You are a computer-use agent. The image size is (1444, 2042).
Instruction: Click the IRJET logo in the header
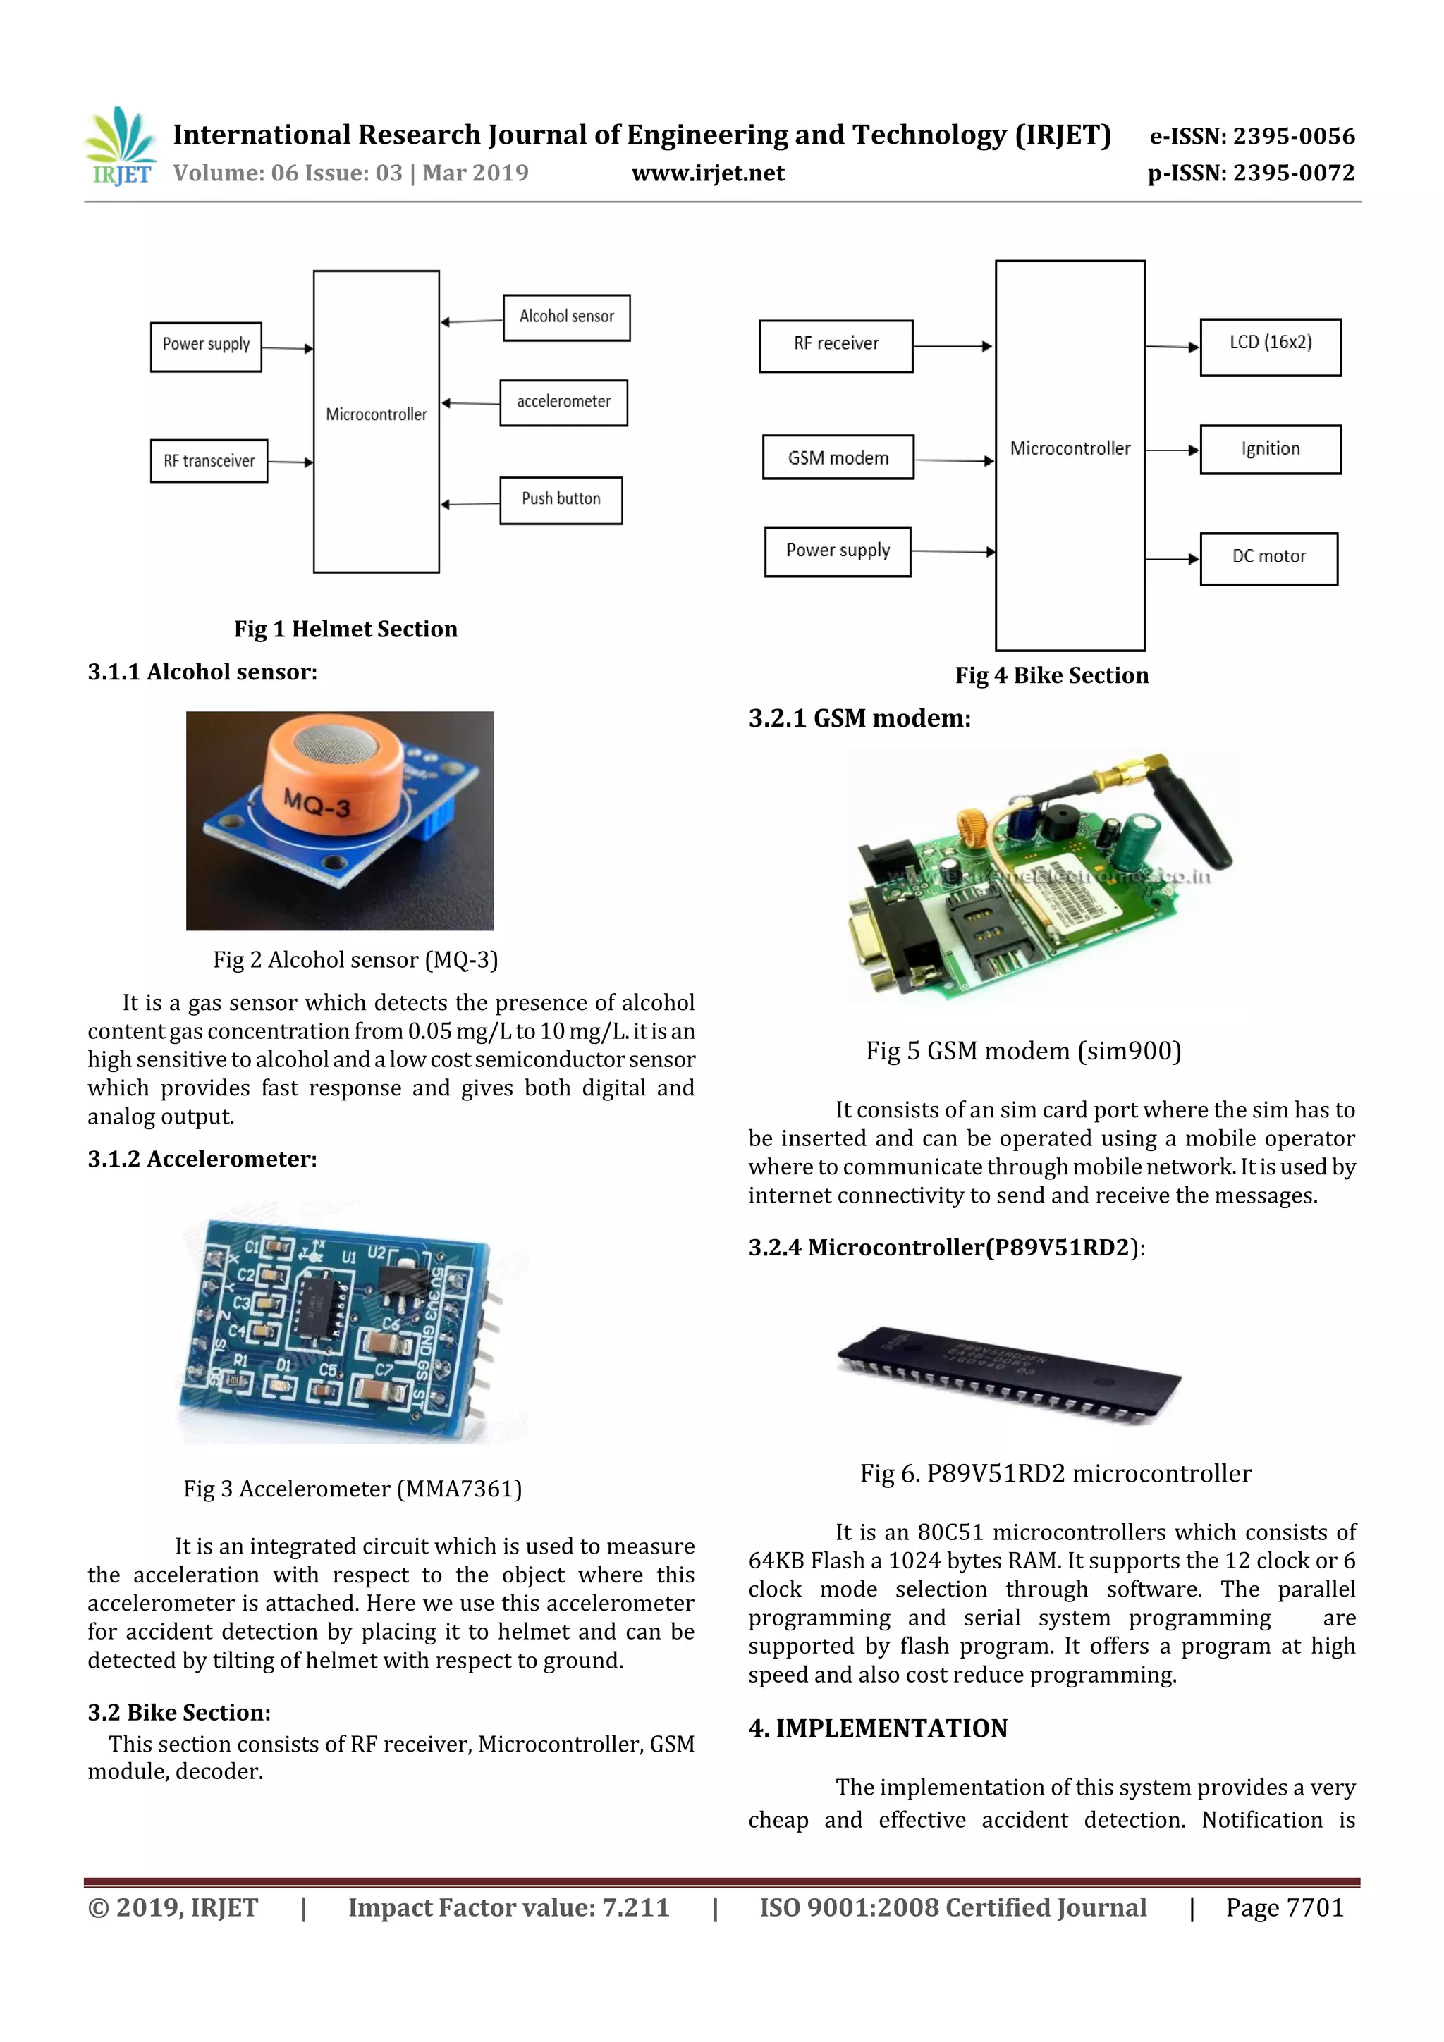[x=120, y=147]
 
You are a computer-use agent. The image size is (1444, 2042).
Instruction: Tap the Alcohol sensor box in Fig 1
[x=567, y=317]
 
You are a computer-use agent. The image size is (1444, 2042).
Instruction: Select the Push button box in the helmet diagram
[x=561, y=500]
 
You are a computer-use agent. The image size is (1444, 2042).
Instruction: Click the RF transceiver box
[x=209, y=461]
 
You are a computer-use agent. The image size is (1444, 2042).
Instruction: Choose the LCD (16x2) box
[x=1270, y=347]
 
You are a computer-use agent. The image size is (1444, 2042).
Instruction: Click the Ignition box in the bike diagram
[x=1270, y=449]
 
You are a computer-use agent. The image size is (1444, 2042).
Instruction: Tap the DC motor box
[x=1268, y=558]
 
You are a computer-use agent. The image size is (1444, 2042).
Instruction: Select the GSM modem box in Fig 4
[x=838, y=457]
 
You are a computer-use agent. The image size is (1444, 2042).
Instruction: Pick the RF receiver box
[x=836, y=345]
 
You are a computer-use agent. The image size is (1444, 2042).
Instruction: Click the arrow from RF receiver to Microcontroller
[x=953, y=346]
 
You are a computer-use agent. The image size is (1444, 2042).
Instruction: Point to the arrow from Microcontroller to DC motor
[x=1172, y=558]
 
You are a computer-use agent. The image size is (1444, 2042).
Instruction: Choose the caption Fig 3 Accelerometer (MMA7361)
[x=353, y=1489]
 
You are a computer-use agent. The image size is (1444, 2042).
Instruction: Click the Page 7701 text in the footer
[x=1284, y=1907]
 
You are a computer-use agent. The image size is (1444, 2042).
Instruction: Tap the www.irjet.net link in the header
[x=707, y=173]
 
